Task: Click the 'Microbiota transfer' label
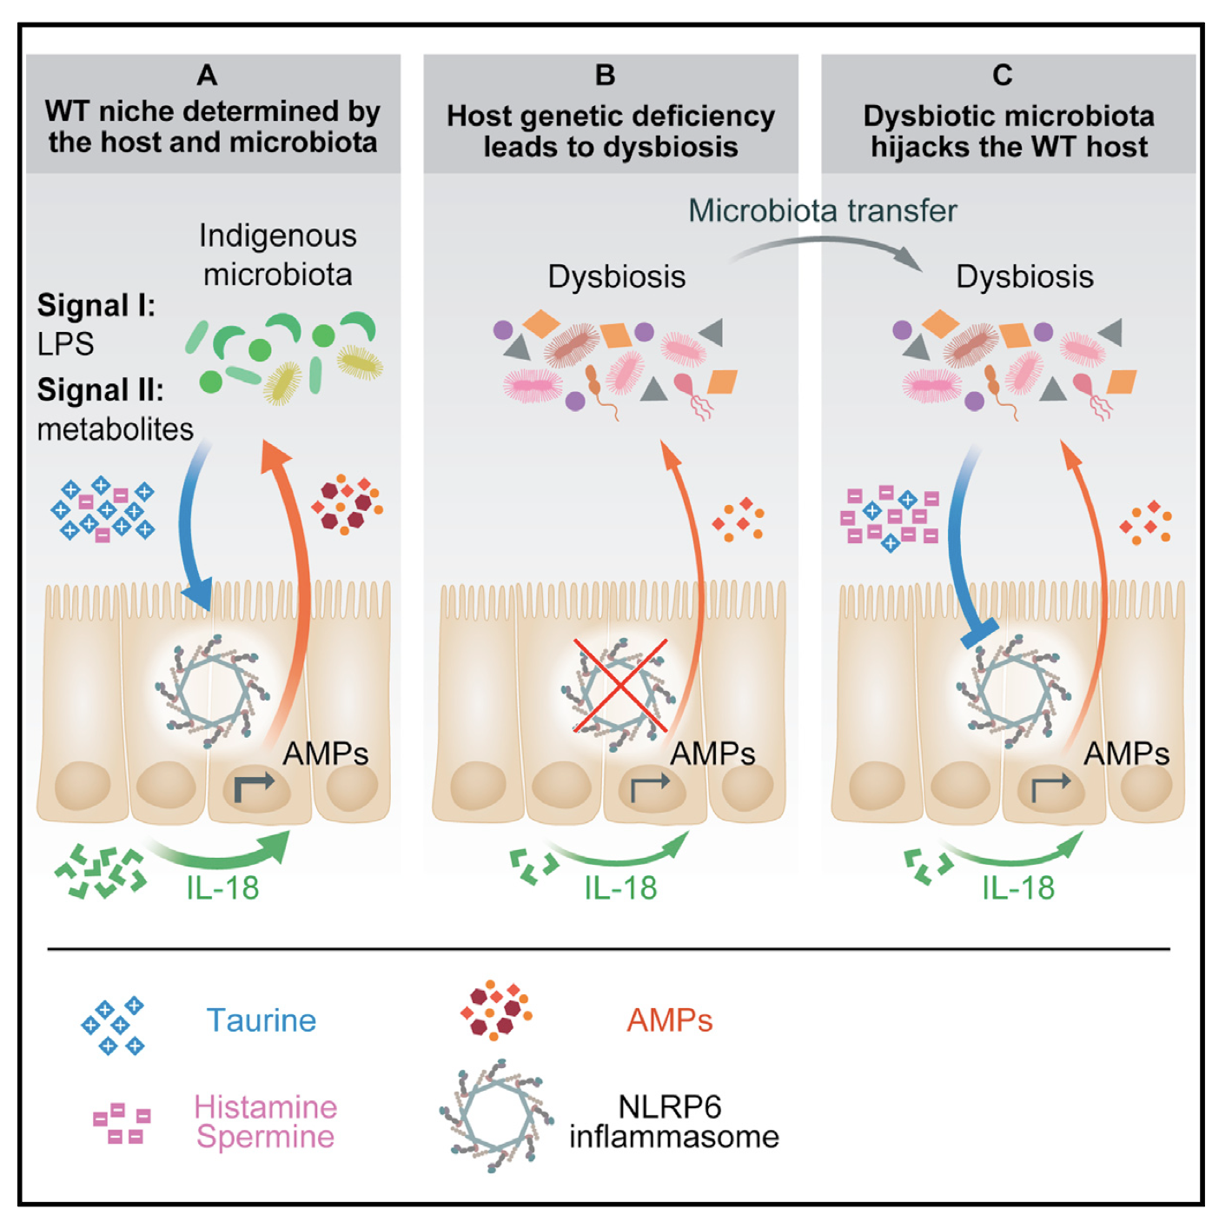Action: click(x=822, y=210)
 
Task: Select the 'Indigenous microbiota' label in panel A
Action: click(x=277, y=255)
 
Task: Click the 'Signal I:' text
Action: click(x=96, y=306)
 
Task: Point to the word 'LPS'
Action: click(x=65, y=344)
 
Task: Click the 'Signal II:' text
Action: click(x=100, y=390)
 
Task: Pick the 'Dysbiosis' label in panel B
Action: click(x=616, y=276)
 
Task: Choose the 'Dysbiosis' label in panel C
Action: click(x=1024, y=276)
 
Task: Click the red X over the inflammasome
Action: click(x=620, y=686)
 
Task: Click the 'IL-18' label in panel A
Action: click(x=222, y=887)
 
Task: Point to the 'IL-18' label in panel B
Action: click(x=620, y=887)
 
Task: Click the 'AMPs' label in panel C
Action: click(x=1126, y=753)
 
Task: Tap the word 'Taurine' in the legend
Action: click(x=261, y=1020)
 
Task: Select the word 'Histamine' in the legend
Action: click(x=265, y=1107)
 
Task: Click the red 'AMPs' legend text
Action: click(x=670, y=1020)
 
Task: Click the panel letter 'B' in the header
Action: click(x=606, y=76)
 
